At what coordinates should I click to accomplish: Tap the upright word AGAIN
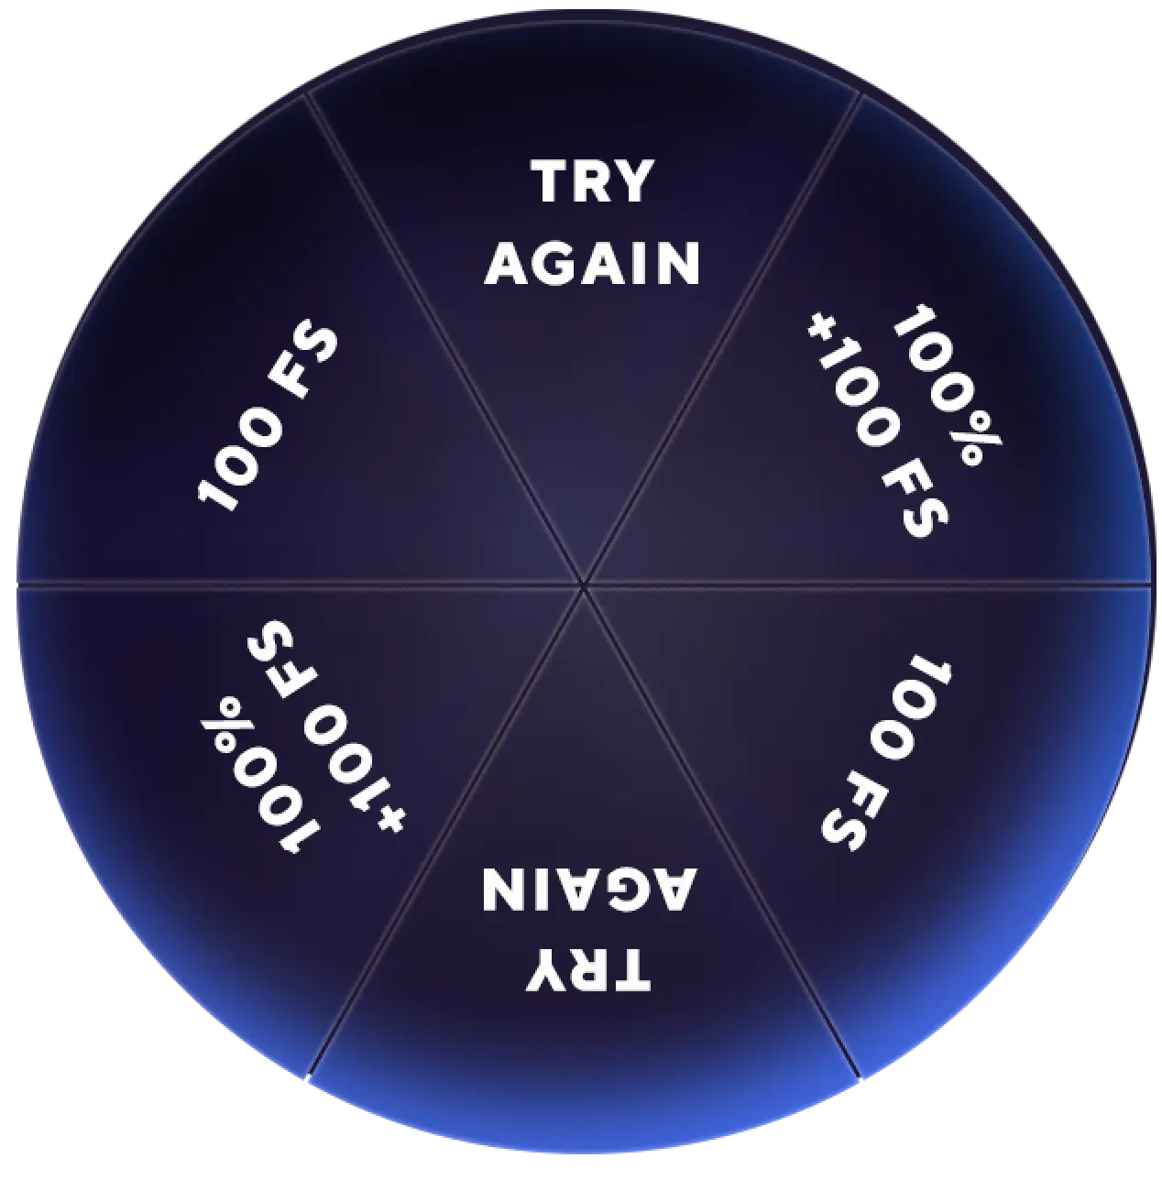tap(592, 264)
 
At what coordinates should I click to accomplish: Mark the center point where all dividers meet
tap(583, 584)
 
